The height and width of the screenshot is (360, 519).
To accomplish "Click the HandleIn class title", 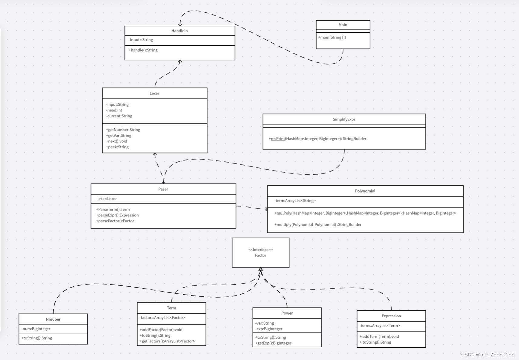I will click(179, 31).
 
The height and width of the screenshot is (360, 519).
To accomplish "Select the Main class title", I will click(343, 25).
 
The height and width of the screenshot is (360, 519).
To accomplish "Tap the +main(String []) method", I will click(332, 38).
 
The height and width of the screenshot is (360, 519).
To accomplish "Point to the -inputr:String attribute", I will click(141, 40).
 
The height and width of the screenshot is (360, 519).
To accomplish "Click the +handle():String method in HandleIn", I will click(143, 50).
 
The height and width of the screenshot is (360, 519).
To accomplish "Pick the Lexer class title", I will click(154, 94).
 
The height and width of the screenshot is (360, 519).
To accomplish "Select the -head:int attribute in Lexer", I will click(114, 111).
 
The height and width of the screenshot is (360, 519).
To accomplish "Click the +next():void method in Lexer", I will click(117, 141).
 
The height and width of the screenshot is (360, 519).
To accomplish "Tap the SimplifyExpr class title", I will click(344, 120).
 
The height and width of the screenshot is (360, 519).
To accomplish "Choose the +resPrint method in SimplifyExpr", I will click(317, 139).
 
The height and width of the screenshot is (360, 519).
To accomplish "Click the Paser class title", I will click(163, 189).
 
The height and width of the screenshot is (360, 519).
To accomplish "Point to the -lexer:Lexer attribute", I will click(107, 199).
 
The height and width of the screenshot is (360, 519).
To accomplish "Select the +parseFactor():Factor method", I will click(115, 221).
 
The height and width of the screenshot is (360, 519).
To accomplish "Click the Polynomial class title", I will click(365, 191).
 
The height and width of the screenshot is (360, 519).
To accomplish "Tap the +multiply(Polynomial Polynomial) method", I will click(318, 225).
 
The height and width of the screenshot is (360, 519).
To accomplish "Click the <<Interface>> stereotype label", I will click(261, 250).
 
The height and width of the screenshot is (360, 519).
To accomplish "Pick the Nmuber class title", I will click(53, 319).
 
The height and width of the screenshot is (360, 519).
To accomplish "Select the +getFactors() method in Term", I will click(167, 341).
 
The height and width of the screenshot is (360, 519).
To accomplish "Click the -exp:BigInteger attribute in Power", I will click(269, 329).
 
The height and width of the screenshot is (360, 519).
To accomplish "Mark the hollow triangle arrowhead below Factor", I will click(261, 269).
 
